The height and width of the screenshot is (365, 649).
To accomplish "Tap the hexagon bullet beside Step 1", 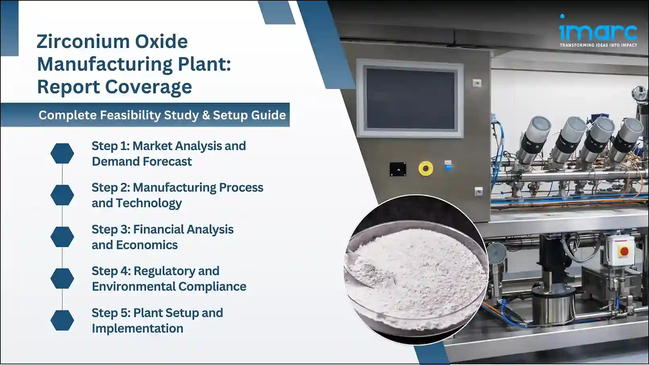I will click(x=62, y=153).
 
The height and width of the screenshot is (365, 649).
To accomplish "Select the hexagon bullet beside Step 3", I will click(x=62, y=237).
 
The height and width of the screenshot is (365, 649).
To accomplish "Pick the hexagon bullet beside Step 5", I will click(x=62, y=320).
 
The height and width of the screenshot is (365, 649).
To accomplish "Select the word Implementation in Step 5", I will click(x=137, y=328).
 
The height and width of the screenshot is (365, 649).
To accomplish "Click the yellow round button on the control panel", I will click(x=426, y=168).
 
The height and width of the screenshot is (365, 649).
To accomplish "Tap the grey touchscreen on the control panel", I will click(x=410, y=98).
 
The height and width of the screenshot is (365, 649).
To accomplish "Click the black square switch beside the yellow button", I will click(x=398, y=169).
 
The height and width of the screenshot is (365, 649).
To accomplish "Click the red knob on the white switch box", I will click(x=624, y=251).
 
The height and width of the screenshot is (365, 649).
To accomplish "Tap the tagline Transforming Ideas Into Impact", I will click(x=598, y=45).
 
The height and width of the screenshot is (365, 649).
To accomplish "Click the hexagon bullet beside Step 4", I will click(x=62, y=278).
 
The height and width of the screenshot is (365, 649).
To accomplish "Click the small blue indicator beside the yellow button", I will click(x=448, y=165).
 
